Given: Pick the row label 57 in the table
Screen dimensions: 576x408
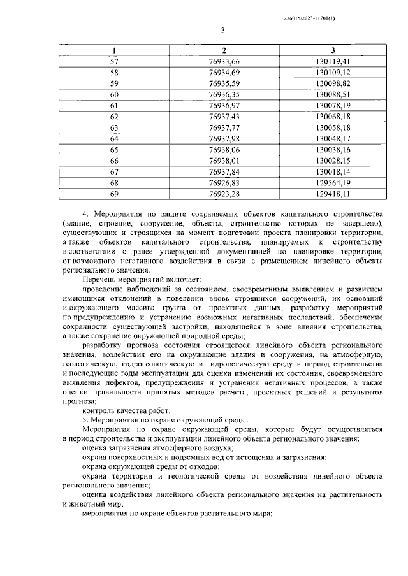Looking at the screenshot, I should tap(114, 61).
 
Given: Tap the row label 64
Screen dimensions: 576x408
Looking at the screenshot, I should tap(114, 138).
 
